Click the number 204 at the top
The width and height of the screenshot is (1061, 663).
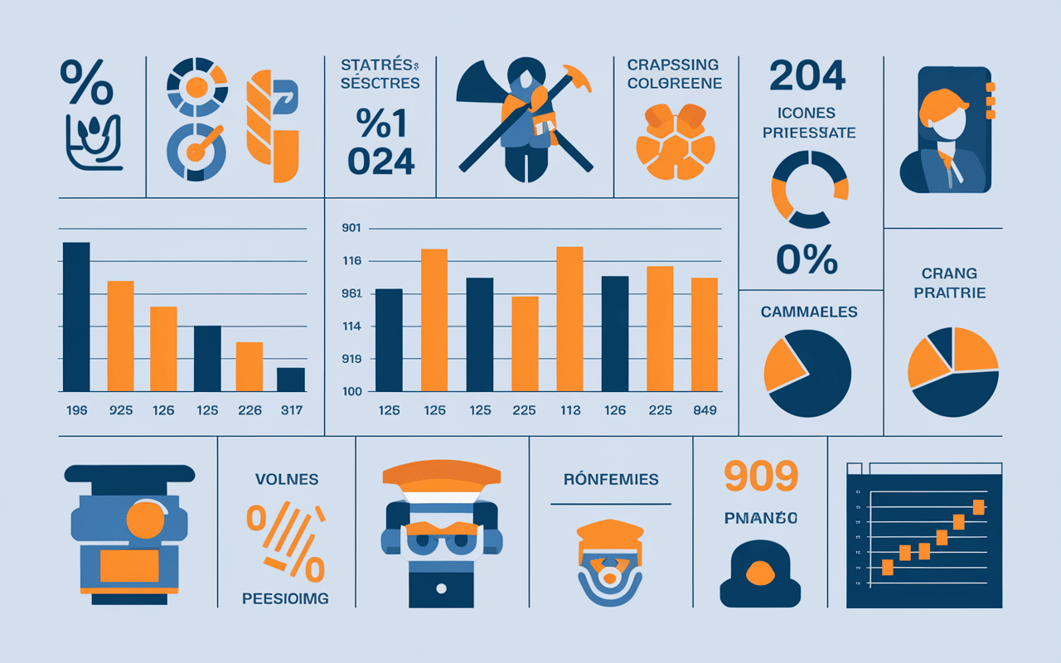tap(807, 76)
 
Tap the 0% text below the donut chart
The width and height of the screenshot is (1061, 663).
tap(807, 260)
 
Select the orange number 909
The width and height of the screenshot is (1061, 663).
tap(760, 476)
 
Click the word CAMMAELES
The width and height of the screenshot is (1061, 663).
tap(809, 312)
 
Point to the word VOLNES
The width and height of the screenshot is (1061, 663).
tap(286, 480)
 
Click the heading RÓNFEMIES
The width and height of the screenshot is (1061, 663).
tap(611, 479)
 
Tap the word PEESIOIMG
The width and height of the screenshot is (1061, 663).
tap(285, 598)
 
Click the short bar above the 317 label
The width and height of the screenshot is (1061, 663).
tap(291, 380)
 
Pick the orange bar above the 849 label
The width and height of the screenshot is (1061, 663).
tap(705, 334)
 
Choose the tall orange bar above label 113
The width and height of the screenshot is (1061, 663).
tap(569, 319)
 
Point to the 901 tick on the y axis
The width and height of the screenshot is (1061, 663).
tap(352, 229)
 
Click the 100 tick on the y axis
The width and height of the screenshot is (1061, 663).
tap(352, 391)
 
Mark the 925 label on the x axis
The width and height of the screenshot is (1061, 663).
tap(120, 410)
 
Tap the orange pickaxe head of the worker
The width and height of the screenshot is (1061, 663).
tap(580, 79)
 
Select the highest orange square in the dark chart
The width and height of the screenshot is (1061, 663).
tap(978, 507)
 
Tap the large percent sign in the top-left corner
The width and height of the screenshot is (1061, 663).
tap(86, 83)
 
